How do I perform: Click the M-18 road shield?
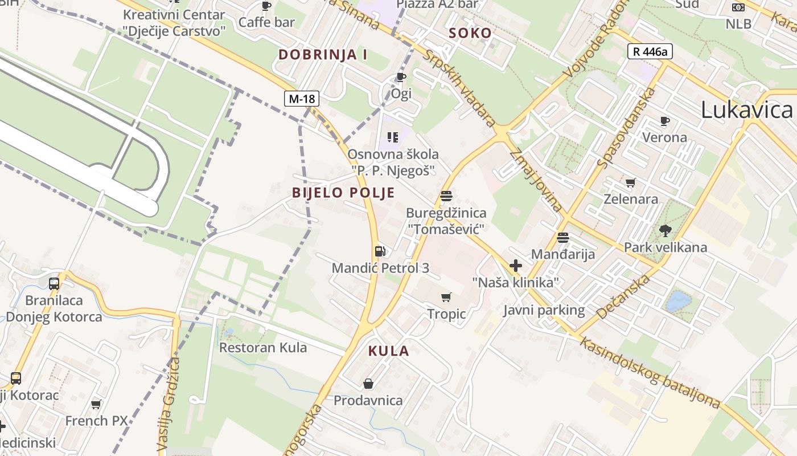[302, 99]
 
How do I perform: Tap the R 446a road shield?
[650, 51]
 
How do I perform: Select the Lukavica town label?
[747, 110]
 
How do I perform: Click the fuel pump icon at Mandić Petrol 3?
[380, 251]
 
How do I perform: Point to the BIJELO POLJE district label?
[343, 193]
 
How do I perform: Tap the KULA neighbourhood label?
[389, 351]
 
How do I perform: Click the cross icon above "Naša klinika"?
[516, 266]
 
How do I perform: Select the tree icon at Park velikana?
[665, 231]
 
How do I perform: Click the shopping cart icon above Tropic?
[446, 297]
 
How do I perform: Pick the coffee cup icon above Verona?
[664, 121]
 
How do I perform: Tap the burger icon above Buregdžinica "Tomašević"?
[446, 196]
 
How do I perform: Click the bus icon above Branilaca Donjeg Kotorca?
[54, 283]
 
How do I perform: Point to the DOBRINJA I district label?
[323, 55]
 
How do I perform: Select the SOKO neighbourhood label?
[470, 33]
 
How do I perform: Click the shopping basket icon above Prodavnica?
[368, 384]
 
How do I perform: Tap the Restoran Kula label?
[263, 348]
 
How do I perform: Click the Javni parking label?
[544, 310]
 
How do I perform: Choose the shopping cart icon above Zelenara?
[630, 183]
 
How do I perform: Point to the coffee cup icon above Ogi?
[401, 77]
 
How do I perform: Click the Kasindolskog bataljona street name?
[650, 372]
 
